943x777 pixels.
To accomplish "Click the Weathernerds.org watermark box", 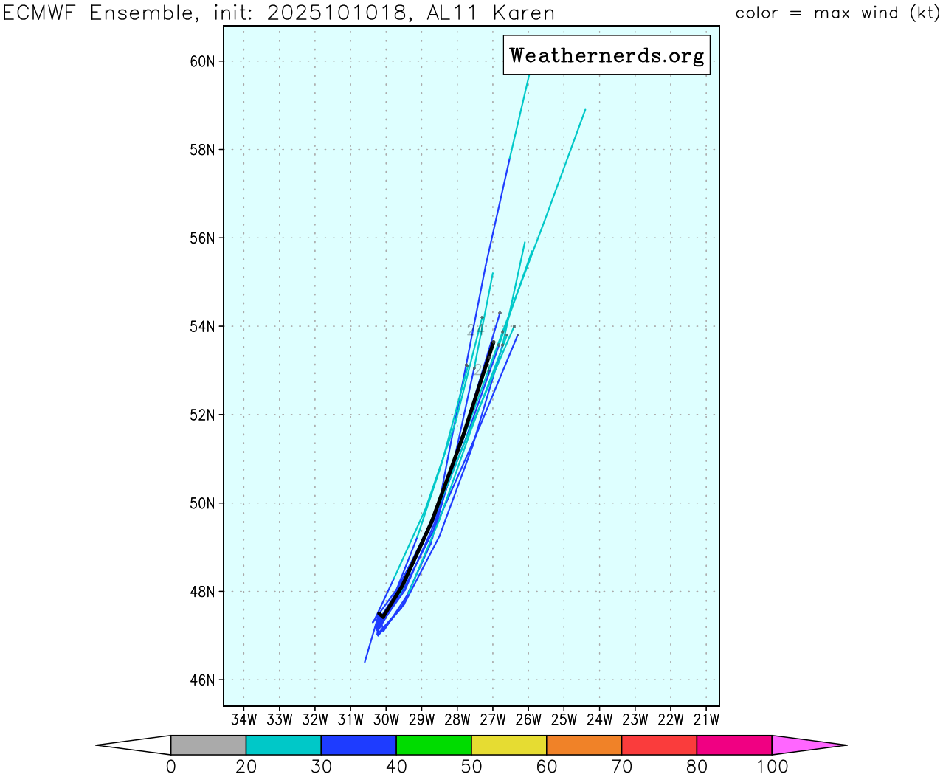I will [x=607, y=55].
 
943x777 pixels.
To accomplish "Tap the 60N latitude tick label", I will [x=202, y=61].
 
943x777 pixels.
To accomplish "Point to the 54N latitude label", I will [x=202, y=327].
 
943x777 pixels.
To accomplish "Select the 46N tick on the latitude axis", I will [x=202, y=680].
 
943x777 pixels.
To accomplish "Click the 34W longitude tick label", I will [x=243, y=719].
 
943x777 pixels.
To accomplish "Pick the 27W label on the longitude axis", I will [x=493, y=719].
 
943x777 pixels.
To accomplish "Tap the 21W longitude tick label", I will [x=706, y=719].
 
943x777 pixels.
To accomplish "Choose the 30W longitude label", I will [x=386, y=719].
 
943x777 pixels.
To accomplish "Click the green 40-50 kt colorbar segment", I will [x=434, y=745].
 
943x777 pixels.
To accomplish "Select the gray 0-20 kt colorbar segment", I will [x=208, y=745].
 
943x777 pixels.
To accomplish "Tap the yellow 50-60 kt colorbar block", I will [x=509, y=745].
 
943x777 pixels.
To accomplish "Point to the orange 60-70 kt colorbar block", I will [x=584, y=745].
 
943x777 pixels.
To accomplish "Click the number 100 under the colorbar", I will [x=772, y=767].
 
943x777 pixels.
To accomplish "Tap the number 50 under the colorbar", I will [x=471, y=767].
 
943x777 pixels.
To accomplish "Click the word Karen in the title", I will [x=523, y=13].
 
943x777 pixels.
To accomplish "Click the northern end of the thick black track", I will [x=493, y=342].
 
